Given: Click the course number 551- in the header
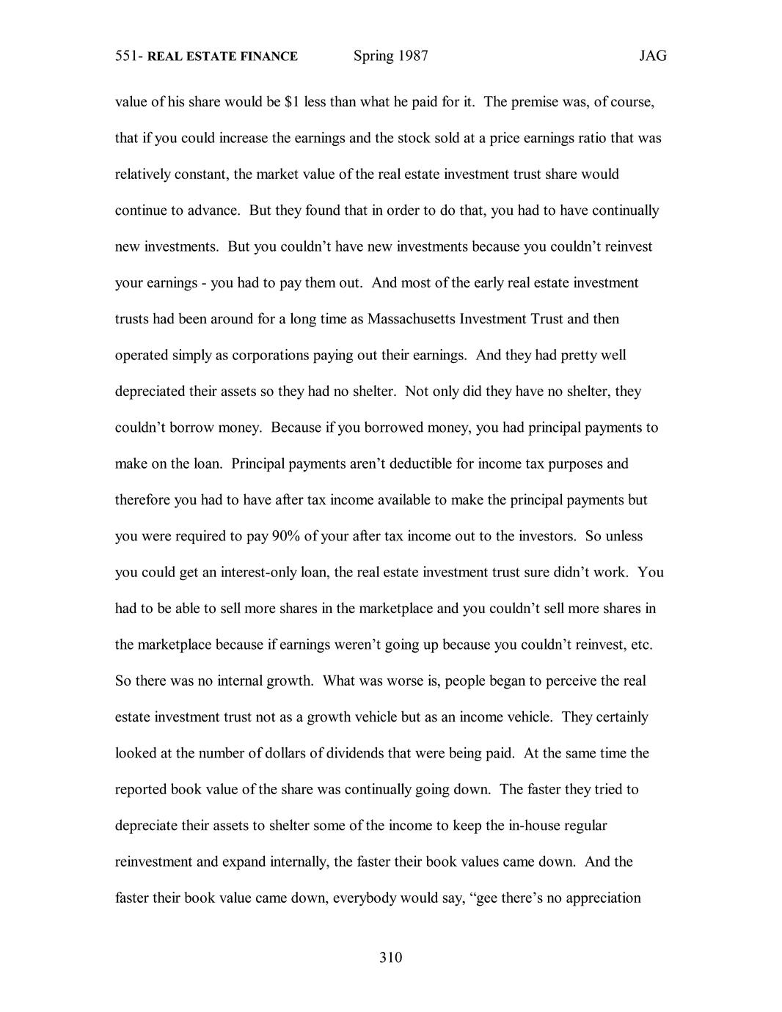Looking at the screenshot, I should [129, 56].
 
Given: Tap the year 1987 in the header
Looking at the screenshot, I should [412, 56].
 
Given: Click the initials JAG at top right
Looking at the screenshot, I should [652, 56].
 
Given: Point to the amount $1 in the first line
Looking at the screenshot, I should [290, 102].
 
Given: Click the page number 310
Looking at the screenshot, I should [391, 958].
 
